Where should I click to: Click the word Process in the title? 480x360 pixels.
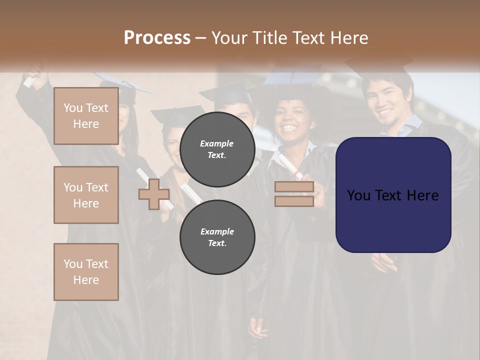pos(157,37)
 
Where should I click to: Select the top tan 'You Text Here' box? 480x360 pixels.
pos(86,116)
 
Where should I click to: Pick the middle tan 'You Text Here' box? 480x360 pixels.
pos(86,195)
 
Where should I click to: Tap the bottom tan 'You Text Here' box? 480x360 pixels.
pos(86,272)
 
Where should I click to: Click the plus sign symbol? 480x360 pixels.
pos(153,194)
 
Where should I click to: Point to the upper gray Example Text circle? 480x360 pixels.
pos(217,149)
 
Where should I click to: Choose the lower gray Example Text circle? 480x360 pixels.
pos(217,237)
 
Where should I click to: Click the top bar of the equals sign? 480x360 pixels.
pos(294,187)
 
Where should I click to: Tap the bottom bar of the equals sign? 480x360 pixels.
pos(294,201)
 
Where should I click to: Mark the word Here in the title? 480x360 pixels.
pos(348,37)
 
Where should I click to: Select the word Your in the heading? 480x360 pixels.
pos(231,37)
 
